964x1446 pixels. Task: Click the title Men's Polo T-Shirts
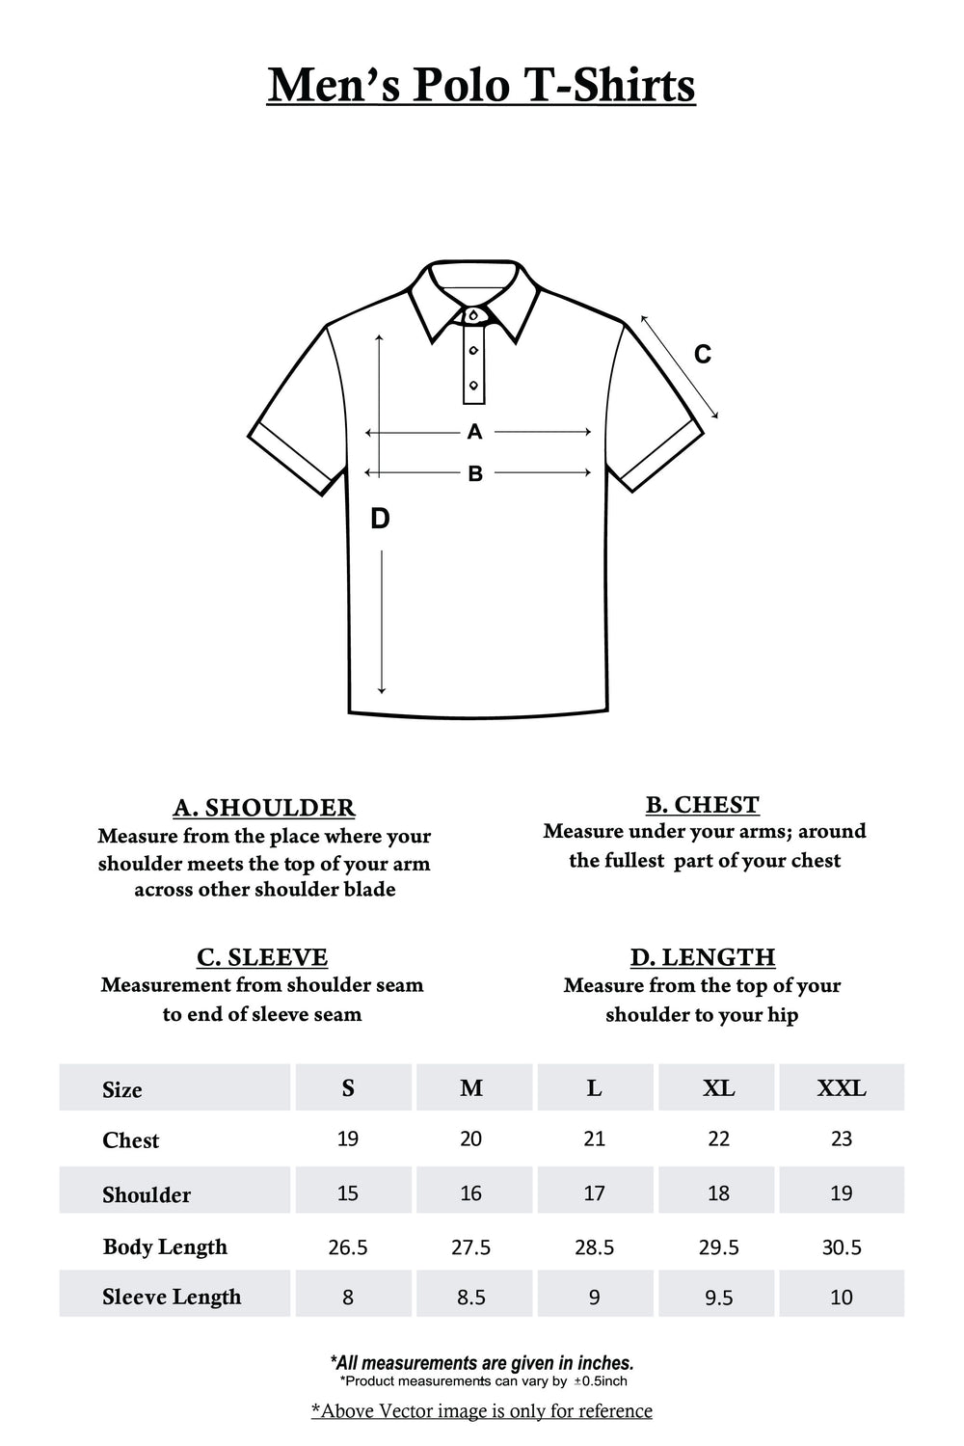tap(481, 85)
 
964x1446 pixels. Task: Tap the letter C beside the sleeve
tap(703, 355)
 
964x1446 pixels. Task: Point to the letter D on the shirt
tap(380, 519)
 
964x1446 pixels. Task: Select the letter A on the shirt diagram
tap(474, 432)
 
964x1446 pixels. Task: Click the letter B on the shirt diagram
tap(475, 473)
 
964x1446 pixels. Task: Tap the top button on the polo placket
tap(473, 316)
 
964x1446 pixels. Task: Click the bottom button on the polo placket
tap(473, 386)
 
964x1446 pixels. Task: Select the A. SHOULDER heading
tap(264, 807)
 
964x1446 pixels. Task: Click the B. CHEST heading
tap(703, 804)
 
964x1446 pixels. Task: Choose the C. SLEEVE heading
tap(262, 956)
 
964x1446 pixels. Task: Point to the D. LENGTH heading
tap(703, 956)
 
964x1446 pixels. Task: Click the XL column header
tap(718, 1088)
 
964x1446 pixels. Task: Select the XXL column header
tap(842, 1088)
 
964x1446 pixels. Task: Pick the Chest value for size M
tap(471, 1138)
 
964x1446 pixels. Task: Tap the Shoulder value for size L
tap(595, 1193)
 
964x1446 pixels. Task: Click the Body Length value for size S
tap(348, 1247)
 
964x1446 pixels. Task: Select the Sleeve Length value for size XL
tap(718, 1298)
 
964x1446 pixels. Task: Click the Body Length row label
tap(165, 1246)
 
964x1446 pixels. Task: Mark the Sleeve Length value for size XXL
tap(842, 1298)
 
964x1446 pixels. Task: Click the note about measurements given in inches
tap(482, 1363)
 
